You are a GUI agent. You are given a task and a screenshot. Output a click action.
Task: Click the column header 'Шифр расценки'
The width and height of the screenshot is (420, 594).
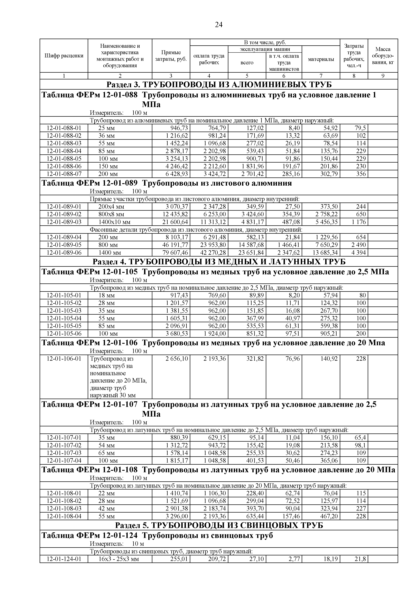64,56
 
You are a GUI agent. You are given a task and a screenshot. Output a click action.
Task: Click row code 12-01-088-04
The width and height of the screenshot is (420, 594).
64,151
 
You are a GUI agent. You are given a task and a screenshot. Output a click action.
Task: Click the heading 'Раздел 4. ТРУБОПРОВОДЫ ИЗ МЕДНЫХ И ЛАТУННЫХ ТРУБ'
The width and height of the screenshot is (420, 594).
219,262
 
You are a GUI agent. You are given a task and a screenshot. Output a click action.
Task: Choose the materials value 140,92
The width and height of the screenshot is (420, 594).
329,359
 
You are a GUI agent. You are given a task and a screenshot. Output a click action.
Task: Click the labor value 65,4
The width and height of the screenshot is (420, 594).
360,438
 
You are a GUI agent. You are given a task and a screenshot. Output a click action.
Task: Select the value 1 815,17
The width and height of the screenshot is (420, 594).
177,461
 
